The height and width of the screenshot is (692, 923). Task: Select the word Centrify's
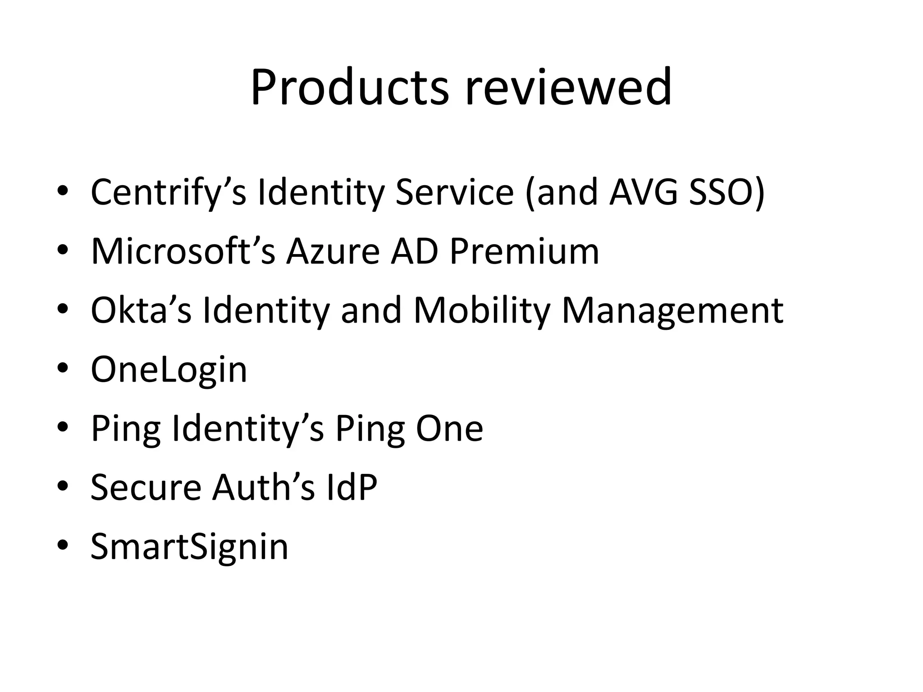[x=168, y=192]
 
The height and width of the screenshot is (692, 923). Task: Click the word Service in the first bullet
[x=454, y=192]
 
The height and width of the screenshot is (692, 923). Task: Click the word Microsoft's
[x=183, y=251]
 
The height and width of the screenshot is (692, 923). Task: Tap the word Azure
[x=333, y=251]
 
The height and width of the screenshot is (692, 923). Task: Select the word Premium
[x=524, y=251]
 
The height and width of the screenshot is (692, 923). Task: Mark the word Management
[x=672, y=310]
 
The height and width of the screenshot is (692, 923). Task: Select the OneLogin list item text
[x=169, y=370]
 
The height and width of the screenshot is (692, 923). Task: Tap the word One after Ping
[x=449, y=428]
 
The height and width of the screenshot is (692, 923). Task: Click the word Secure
[x=146, y=487]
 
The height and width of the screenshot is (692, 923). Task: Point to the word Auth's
[x=263, y=487]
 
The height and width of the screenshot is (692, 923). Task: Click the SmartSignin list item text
[x=189, y=547]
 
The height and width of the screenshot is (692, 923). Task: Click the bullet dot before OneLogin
[x=63, y=369]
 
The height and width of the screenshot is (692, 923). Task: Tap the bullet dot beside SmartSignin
[x=63, y=546]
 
